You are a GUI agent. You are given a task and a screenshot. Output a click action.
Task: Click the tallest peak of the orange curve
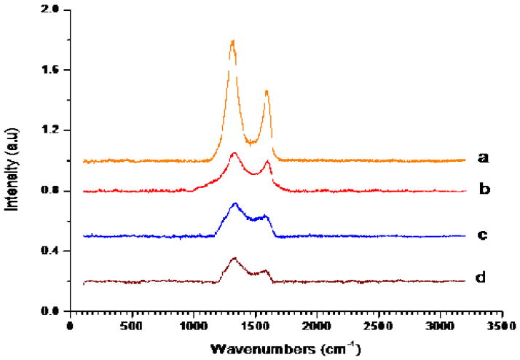pyautogui.click(x=232, y=42)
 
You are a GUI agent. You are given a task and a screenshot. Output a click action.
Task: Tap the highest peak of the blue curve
pyautogui.click(x=235, y=204)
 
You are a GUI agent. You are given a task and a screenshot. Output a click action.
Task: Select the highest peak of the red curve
pyautogui.click(x=234, y=154)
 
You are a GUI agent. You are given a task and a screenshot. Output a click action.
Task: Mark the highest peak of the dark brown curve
pyautogui.click(x=235, y=258)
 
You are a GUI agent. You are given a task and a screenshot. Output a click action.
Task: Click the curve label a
pyautogui.click(x=481, y=157)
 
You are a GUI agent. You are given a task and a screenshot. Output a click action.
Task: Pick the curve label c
pyautogui.click(x=482, y=235)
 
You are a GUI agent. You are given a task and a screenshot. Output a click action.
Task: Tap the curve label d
pyautogui.click(x=482, y=277)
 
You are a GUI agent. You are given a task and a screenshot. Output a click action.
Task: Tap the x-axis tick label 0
pyautogui.click(x=69, y=326)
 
